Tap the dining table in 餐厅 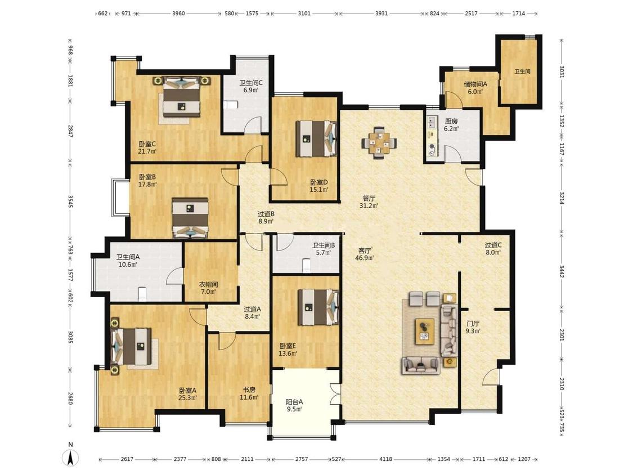pyautogui.click(x=379, y=142)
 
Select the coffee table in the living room pyautogui.click(x=425, y=331)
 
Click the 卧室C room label pyautogui.click(x=147, y=144)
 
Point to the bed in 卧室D pyautogui.click(x=317, y=138)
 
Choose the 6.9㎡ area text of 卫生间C pyautogui.click(x=251, y=90)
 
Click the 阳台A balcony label pyautogui.click(x=294, y=402)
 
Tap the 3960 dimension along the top pyautogui.click(x=178, y=14)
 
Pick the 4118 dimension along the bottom pyautogui.click(x=385, y=459)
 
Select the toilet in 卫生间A pyautogui.click(x=142, y=293)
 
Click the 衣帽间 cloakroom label pyautogui.click(x=208, y=284)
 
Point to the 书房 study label pyautogui.click(x=249, y=390)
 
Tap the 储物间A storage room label pyautogui.click(x=475, y=84)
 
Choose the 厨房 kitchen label pyautogui.click(x=451, y=121)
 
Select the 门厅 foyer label pyautogui.click(x=473, y=324)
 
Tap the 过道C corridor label pyautogui.click(x=493, y=245)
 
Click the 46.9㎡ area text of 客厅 pyautogui.click(x=364, y=258)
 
